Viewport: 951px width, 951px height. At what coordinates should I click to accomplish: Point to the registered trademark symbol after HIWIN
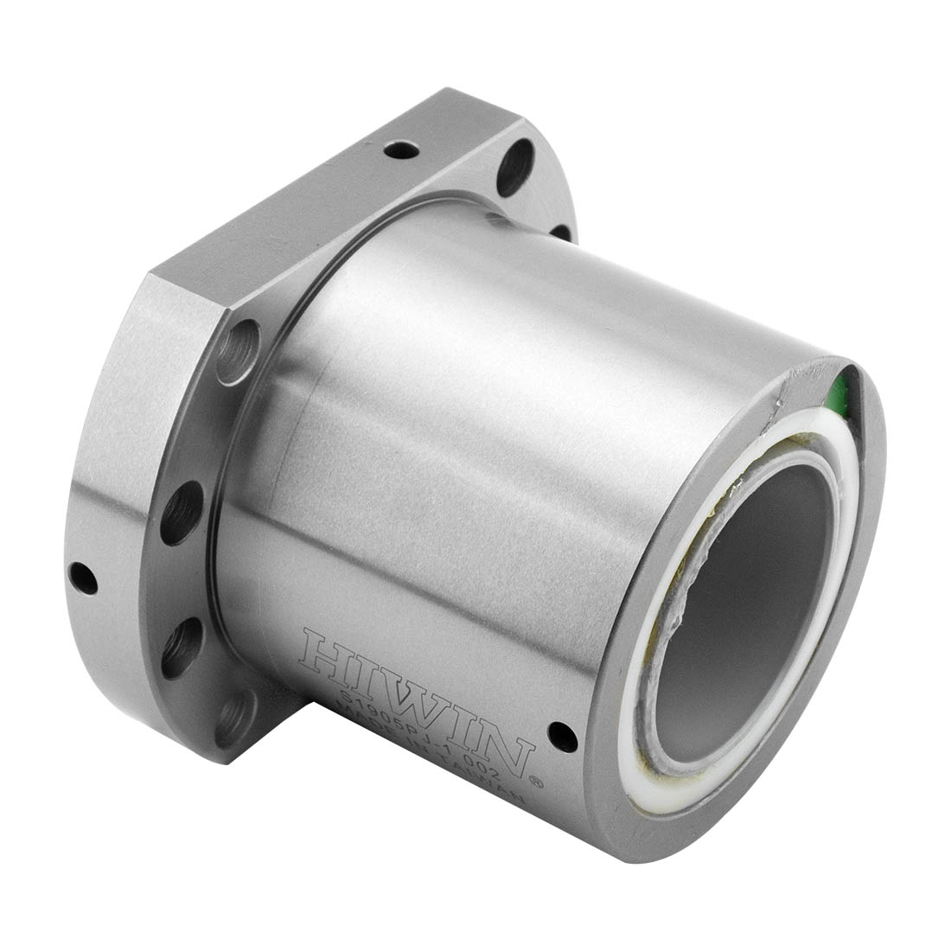pyautogui.click(x=537, y=780)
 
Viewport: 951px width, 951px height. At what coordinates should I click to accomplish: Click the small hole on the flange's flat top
pyautogui.click(x=399, y=152)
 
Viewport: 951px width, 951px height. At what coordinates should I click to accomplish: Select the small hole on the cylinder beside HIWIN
pyautogui.click(x=564, y=733)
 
